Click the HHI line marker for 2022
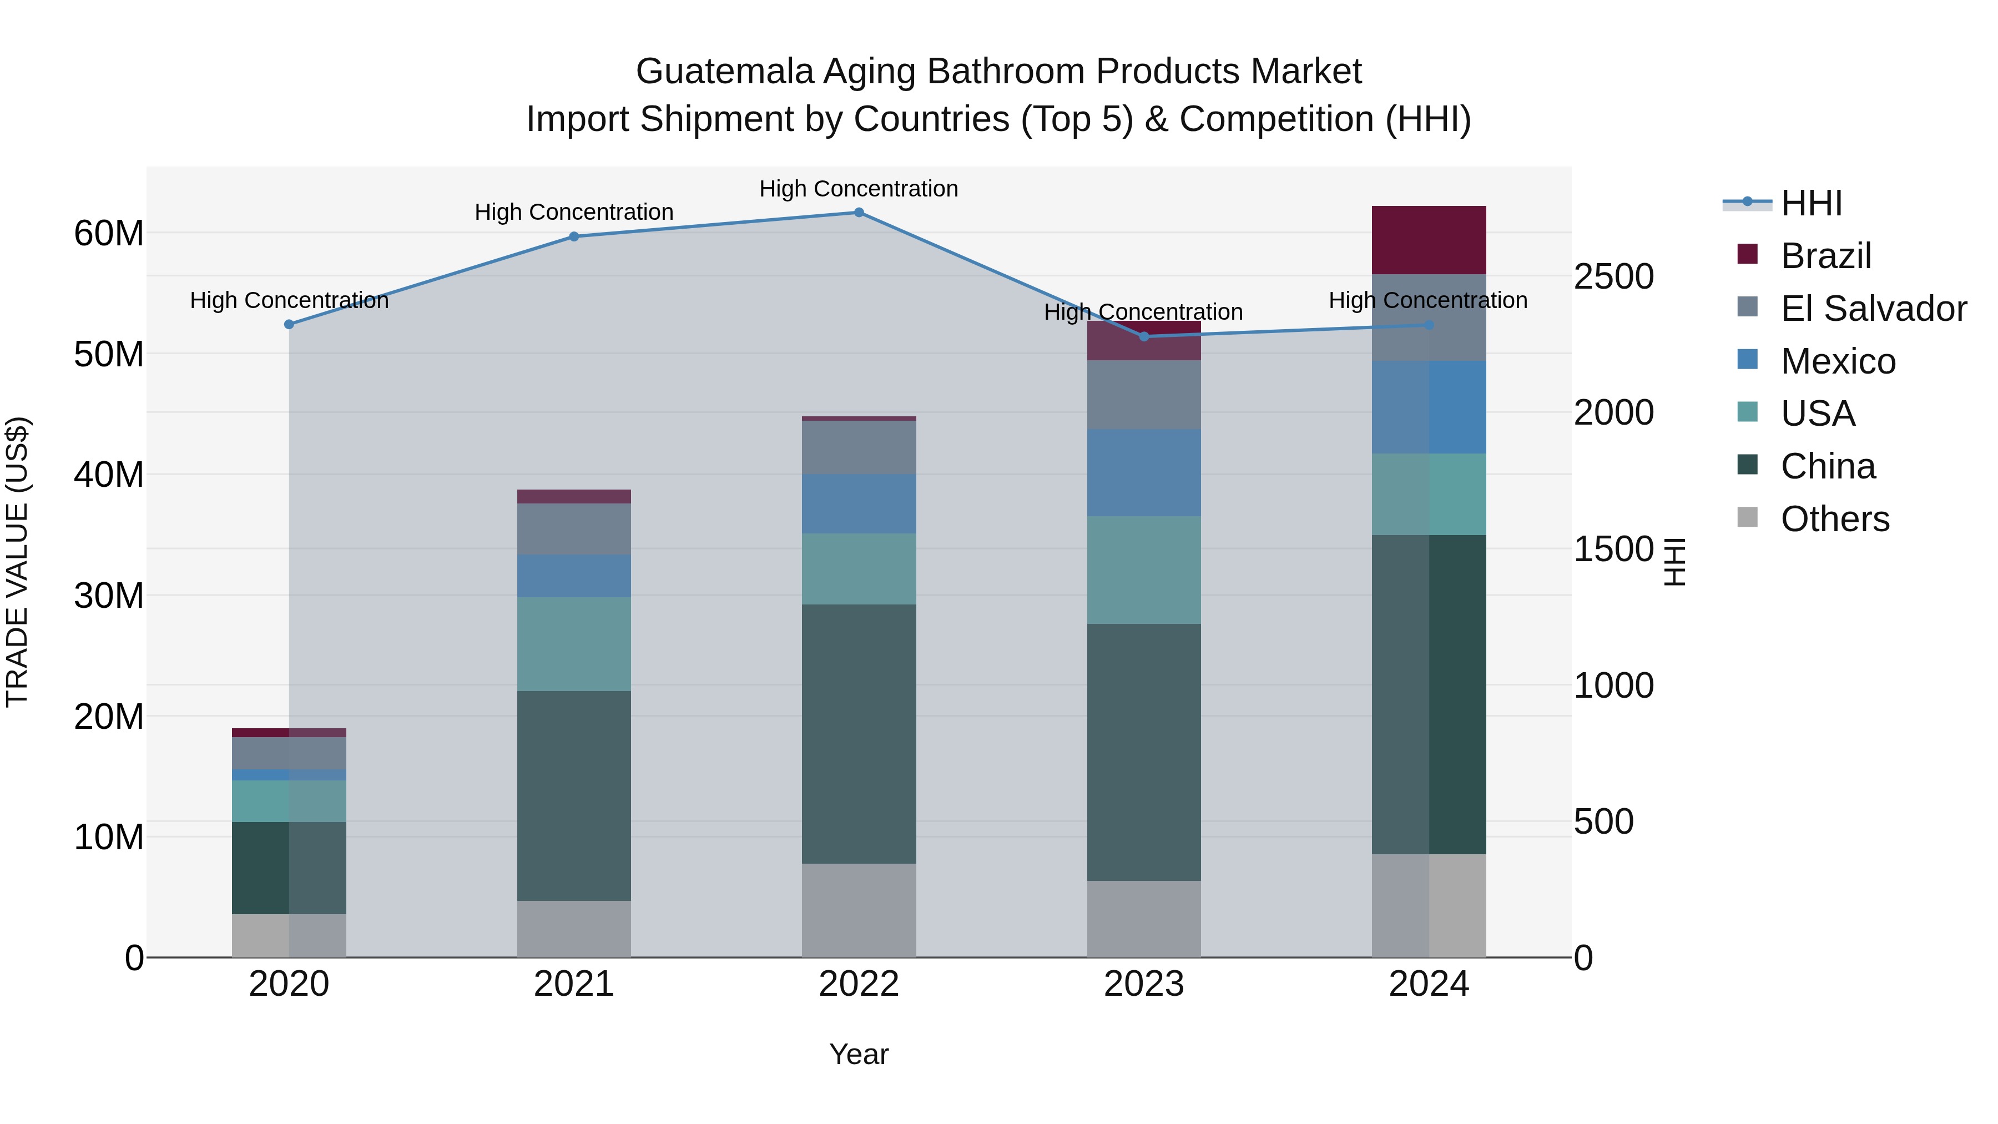point(859,213)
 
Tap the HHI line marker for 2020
point(289,324)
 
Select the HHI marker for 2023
point(1144,336)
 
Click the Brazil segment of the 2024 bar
point(1429,240)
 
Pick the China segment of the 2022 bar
point(859,733)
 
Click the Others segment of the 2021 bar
point(574,929)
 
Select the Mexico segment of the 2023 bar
point(1144,472)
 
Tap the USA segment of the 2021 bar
point(574,644)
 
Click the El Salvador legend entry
point(1873,309)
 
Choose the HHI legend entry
point(1811,203)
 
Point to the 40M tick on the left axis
point(109,475)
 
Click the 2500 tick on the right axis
point(1613,277)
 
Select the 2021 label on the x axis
point(574,984)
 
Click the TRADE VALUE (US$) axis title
point(17,562)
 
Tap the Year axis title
point(859,1054)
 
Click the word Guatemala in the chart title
point(725,72)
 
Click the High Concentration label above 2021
point(574,212)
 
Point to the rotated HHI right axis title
point(1676,562)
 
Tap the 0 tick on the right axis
point(1584,959)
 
